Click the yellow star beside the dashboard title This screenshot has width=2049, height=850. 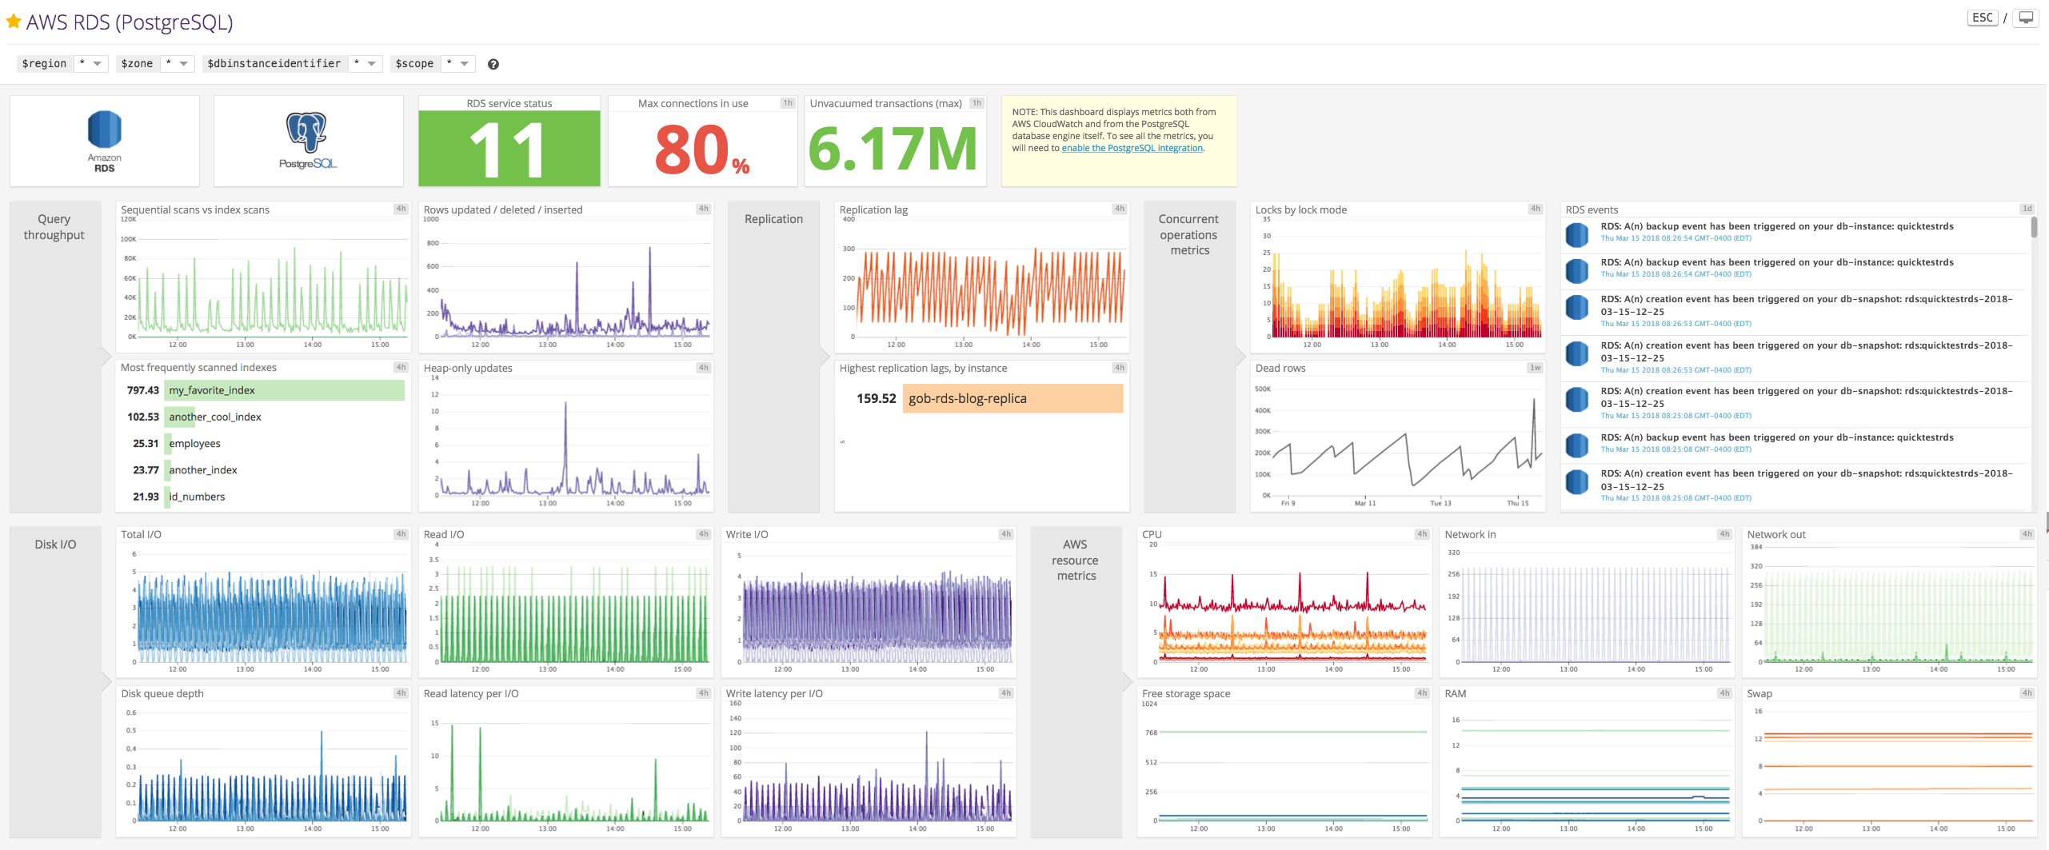coord(13,22)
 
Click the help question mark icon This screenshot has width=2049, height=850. coord(493,64)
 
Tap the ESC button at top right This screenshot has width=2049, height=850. coord(1982,18)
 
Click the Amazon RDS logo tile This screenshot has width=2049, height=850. coord(105,141)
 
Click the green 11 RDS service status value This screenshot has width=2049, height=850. coord(509,149)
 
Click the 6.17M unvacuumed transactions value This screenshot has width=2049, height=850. coord(893,149)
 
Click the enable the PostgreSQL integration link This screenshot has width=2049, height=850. coord(1132,148)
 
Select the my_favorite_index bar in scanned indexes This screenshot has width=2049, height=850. coord(284,390)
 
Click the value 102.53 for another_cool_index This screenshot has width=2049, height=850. coord(143,417)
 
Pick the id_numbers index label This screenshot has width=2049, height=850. coord(197,497)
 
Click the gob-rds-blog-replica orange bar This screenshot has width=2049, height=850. coord(1013,398)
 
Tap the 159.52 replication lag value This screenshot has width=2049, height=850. coord(876,398)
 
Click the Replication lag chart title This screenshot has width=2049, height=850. coord(873,210)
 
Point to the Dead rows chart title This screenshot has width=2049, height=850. coord(1280,368)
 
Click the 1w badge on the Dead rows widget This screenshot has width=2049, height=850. coord(1535,368)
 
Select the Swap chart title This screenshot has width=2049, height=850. coord(1759,693)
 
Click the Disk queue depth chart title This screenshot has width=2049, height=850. coord(162,693)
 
